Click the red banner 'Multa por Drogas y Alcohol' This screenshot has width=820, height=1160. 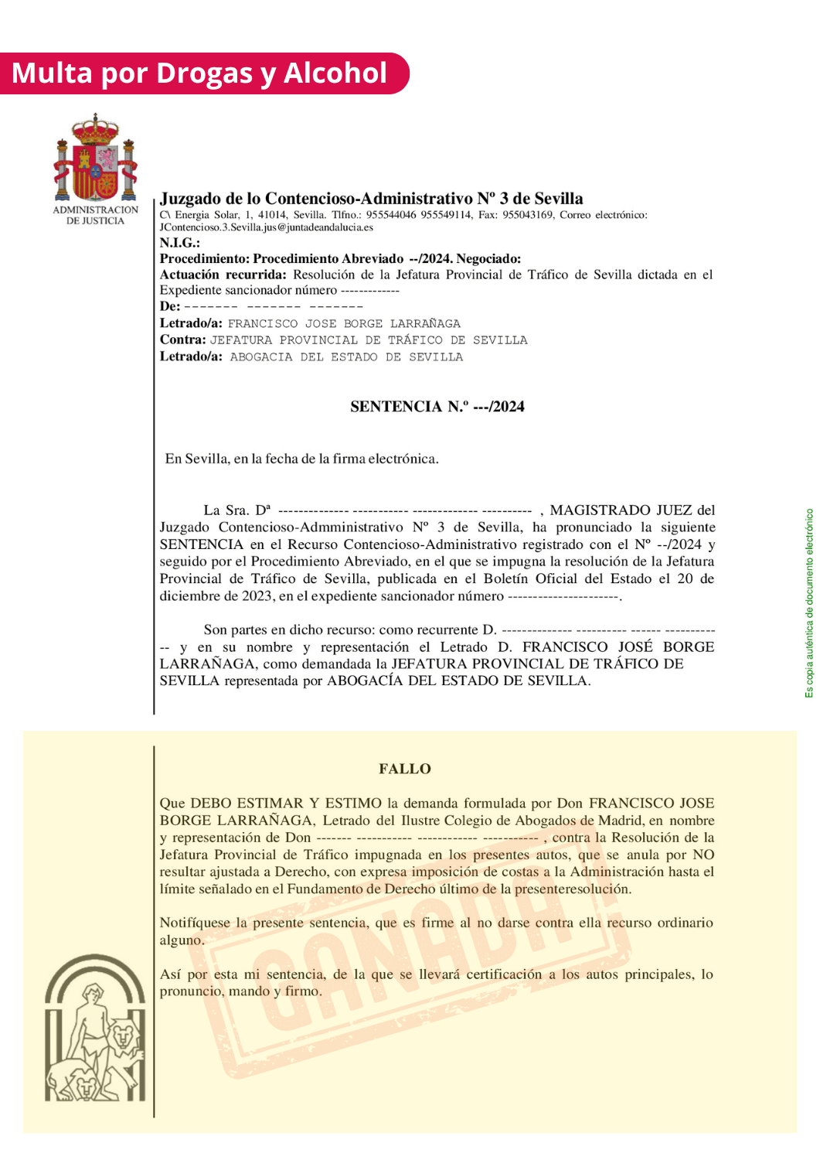pyautogui.click(x=199, y=73)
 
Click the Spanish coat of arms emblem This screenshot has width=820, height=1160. pyautogui.click(x=95, y=159)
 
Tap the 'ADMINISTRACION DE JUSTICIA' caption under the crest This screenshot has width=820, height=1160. pyautogui.click(x=95, y=215)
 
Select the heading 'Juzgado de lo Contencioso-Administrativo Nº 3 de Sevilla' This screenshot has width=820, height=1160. pyautogui.click(x=372, y=199)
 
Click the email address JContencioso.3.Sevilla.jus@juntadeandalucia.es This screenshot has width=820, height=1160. pyautogui.click(x=266, y=227)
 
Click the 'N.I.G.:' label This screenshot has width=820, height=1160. pyautogui.click(x=179, y=243)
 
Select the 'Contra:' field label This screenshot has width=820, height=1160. pyautogui.click(x=182, y=339)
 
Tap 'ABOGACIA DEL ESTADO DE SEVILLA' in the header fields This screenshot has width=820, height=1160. pyautogui.click(x=346, y=357)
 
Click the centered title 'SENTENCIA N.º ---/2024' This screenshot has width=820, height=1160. pyautogui.click(x=437, y=407)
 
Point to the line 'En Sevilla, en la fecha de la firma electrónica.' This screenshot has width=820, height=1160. pyautogui.click(x=301, y=459)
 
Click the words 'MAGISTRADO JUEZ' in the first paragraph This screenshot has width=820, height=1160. pyautogui.click(x=621, y=510)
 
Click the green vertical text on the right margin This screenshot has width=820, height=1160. pyautogui.click(x=809, y=603)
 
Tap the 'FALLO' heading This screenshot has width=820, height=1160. pyautogui.click(x=404, y=769)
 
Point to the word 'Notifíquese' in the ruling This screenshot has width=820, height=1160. pyautogui.click(x=195, y=923)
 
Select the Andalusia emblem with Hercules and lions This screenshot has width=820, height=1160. pyautogui.click(x=94, y=1029)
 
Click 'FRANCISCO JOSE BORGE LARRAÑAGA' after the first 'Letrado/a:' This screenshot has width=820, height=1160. pyautogui.click(x=344, y=323)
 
